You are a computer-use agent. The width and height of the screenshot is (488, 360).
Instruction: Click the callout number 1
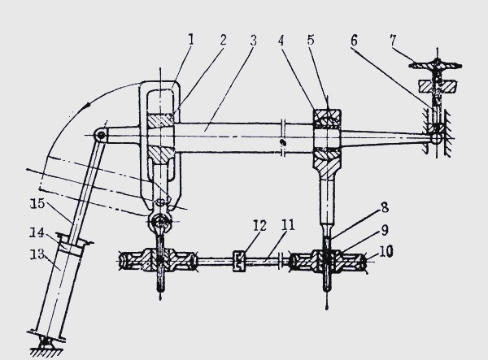[191, 40]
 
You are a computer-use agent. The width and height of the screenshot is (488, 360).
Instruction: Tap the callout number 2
[223, 40]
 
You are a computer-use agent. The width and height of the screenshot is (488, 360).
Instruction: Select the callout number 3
[254, 41]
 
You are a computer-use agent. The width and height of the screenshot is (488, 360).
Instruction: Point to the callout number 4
[281, 41]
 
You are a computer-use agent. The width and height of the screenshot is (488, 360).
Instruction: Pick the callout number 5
[311, 40]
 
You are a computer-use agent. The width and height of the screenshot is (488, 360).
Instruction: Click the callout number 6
[354, 41]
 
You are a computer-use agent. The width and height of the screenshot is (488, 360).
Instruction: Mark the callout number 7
[393, 40]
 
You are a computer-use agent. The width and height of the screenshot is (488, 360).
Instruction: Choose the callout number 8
[385, 207]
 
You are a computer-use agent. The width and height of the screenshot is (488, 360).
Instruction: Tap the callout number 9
[385, 230]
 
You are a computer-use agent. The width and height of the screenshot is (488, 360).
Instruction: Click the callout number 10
[386, 251]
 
